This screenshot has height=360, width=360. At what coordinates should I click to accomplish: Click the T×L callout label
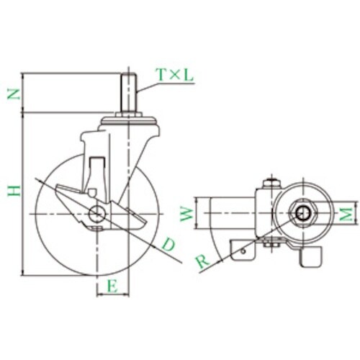pyautogui.click(x=174, y=75)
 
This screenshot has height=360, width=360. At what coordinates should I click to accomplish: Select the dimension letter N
pyautogui.click(x=14, y=94)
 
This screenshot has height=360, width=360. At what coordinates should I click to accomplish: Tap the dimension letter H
pyautogui.click(x=14, y=191)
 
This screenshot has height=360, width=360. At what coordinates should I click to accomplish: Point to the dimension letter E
pyautogui.click(x=112, y=286)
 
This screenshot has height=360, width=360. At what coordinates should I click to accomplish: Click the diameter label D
pyautogui.click(x=168, y=244)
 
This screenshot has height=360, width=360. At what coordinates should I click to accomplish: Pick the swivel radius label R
pyautogui.click(x=202, y=261)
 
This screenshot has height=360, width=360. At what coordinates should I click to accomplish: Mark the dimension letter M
pyautogui.click(x=346, y=214)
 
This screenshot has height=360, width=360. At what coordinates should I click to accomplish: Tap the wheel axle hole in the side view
pyautogui.click(x=97, y=214)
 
